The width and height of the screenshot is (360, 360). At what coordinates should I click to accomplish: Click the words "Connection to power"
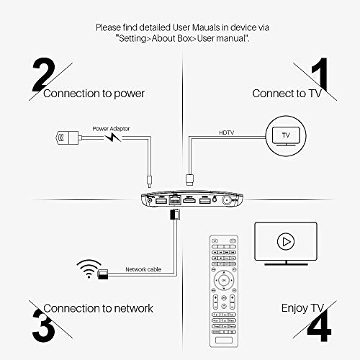coord(94,94)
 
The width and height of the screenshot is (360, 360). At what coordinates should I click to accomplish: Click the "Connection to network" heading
coord(99,308)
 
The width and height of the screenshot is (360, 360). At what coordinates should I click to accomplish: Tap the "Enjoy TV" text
coord(286,308)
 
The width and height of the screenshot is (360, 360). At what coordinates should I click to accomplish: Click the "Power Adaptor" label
coord(109,130)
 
